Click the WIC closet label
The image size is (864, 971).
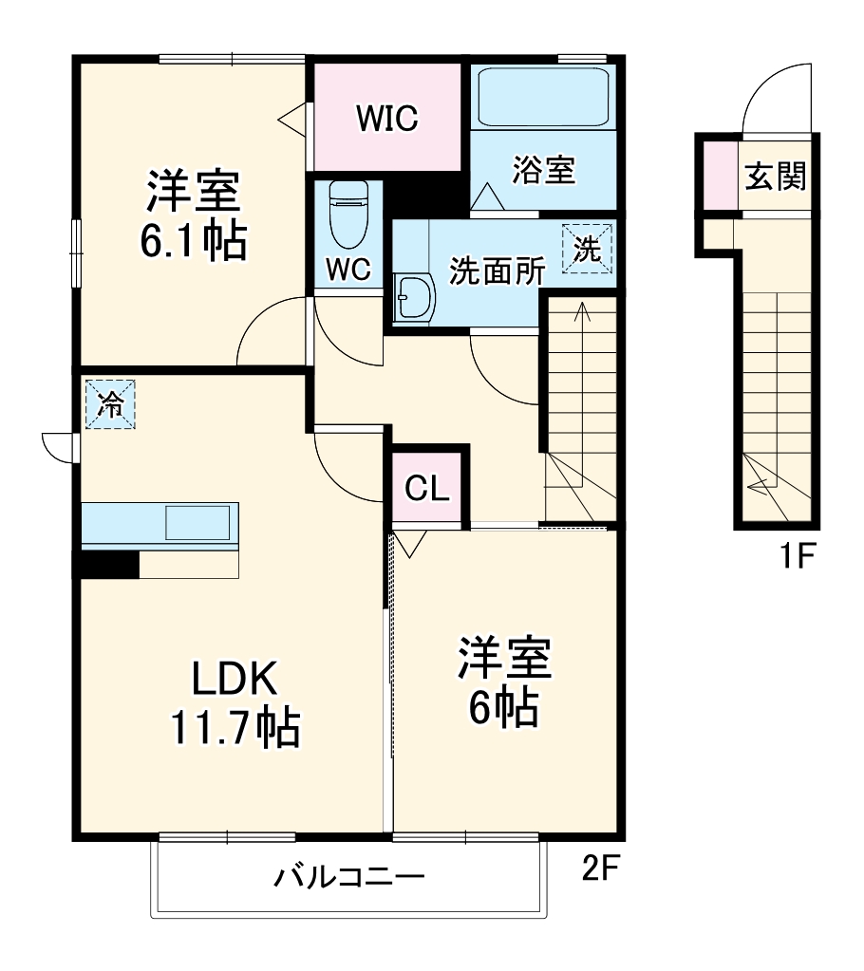click(x=387, y=119)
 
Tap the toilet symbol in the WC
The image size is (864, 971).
click(x=347, y=214)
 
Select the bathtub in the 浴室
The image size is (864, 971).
click(x=542, y=97)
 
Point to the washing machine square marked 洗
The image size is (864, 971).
click(x=587, y=249)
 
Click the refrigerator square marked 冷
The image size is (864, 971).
click(x=110, y=405)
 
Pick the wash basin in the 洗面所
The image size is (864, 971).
click(x=413, y=298)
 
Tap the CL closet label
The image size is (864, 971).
click(x=426, y=488)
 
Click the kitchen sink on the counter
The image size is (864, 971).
click(x=197, y=523)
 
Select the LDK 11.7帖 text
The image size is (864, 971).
click(x=235, y=702)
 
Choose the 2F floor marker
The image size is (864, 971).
click(x=600, y=869)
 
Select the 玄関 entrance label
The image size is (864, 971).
click(x=776, y=176)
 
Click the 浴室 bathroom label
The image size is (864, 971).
click(x=543, y=171)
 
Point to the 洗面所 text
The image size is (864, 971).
click(x=498, y=271)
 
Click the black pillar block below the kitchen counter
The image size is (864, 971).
click(x=107, y=564)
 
